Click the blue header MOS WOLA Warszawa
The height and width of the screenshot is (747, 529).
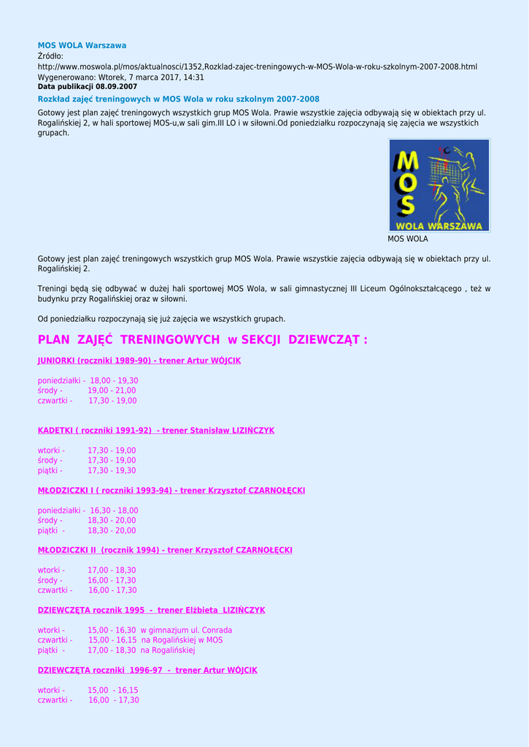point(82,45)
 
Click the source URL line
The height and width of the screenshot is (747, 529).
point(257,66)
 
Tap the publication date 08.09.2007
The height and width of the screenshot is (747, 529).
point(116,86)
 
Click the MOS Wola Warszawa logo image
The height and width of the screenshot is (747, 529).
point(439,186)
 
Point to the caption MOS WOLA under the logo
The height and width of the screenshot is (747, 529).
point(408,239)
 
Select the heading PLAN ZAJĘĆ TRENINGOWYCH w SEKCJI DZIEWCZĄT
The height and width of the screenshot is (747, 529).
point(202,340)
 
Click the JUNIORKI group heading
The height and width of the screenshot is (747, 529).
point(139,360)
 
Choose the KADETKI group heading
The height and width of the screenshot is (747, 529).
point(155,430)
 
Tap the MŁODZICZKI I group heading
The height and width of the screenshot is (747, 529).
point(171,490)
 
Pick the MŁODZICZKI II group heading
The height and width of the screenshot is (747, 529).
point(165,550)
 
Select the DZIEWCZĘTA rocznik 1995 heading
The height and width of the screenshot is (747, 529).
point(151,610)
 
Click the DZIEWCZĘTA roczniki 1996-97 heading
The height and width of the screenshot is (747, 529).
point(147,670)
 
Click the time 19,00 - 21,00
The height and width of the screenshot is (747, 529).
point(112,390)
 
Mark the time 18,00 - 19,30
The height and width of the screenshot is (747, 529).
point(114,381)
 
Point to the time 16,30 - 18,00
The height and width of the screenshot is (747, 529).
point(114,511)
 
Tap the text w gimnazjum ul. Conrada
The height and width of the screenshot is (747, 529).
point(186,630)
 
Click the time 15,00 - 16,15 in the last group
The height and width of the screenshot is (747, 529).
point(113,690)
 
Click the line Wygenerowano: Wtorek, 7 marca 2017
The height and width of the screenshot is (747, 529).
point(120,77)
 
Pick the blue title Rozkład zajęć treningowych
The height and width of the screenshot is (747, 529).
point(178,99)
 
